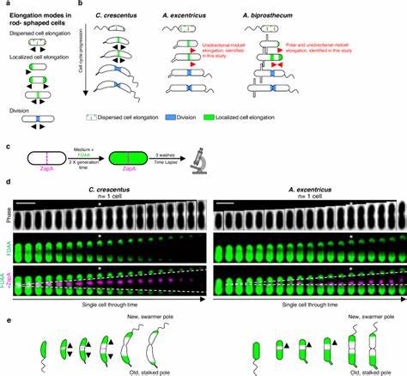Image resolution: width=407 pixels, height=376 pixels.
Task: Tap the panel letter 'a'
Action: tap(5, 4)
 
